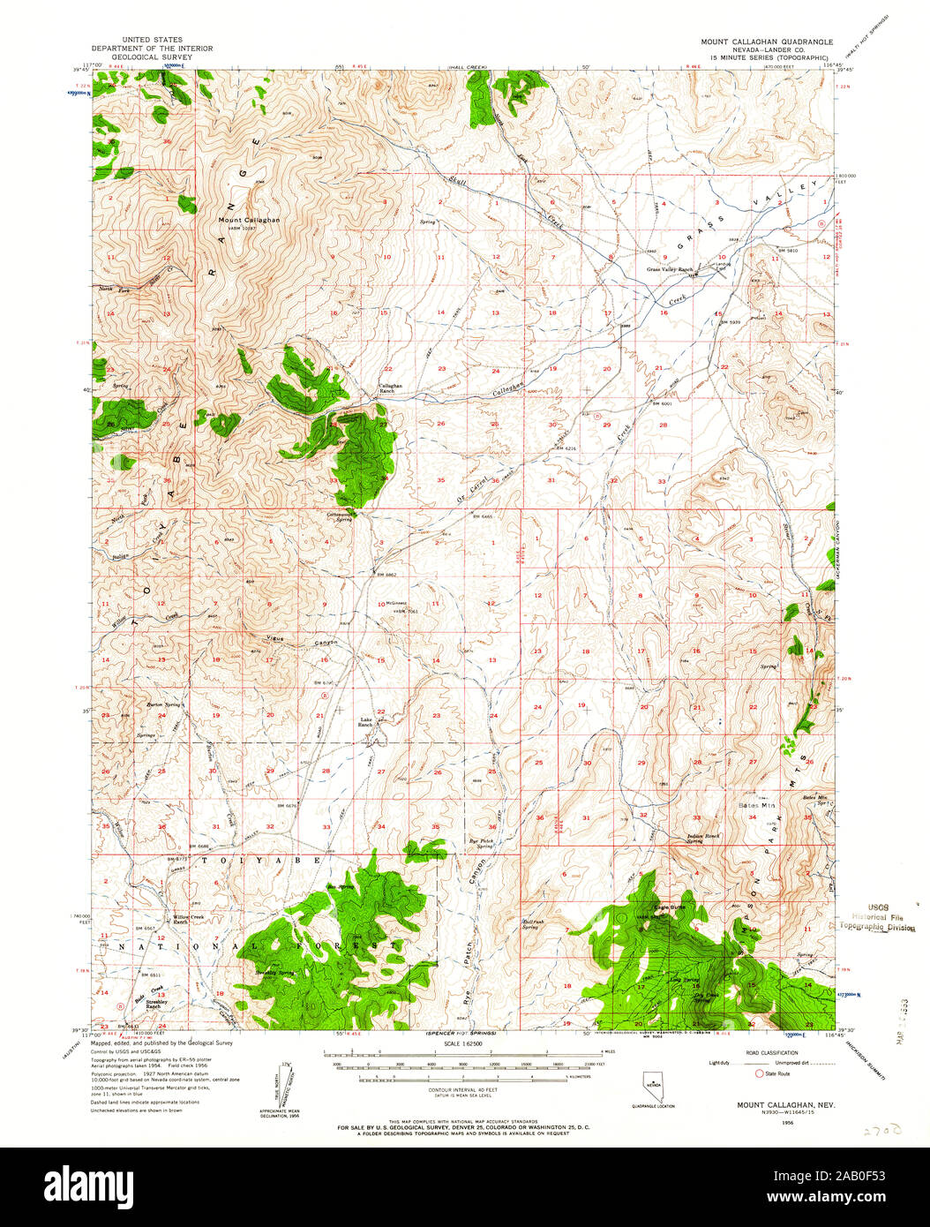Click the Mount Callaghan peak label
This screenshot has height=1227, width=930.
coord(250,220)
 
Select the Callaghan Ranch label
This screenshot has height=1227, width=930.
coord(391,388)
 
